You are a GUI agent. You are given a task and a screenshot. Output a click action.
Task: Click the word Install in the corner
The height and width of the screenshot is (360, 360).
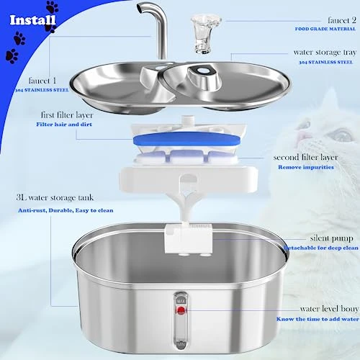point(32,19)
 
